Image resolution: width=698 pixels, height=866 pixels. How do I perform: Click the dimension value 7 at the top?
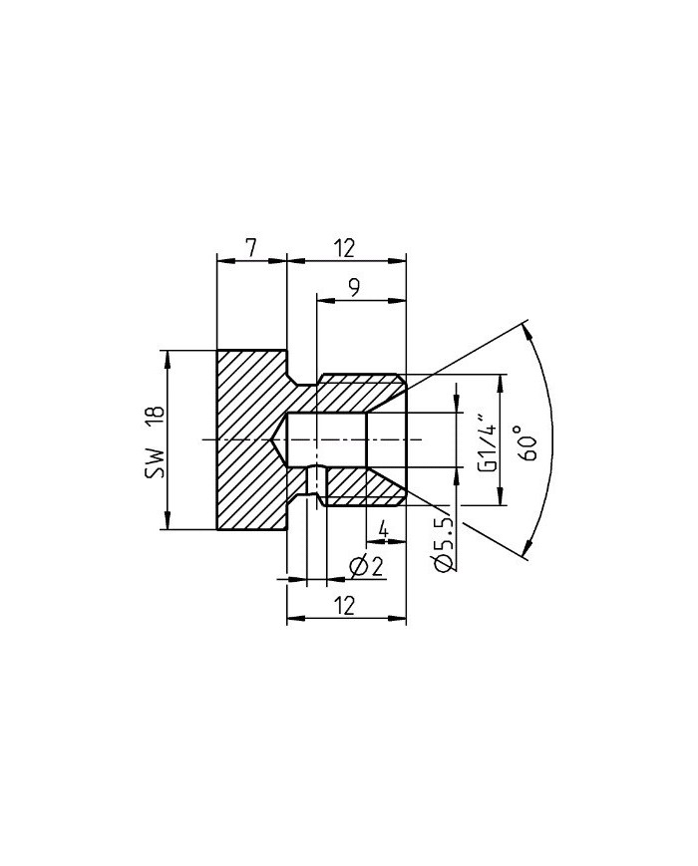click(x=251, y=247)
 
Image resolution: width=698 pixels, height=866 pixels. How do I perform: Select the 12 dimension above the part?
click(x=346, y=247)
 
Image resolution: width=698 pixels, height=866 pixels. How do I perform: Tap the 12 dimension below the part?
click(x=346, y=605)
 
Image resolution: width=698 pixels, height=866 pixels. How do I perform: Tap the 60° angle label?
click(x=526, y=440)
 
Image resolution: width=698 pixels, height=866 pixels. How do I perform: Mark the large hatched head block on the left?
click(x=249, y=439)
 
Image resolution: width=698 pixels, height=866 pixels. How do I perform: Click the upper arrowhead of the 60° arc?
click(x=526, y=329)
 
